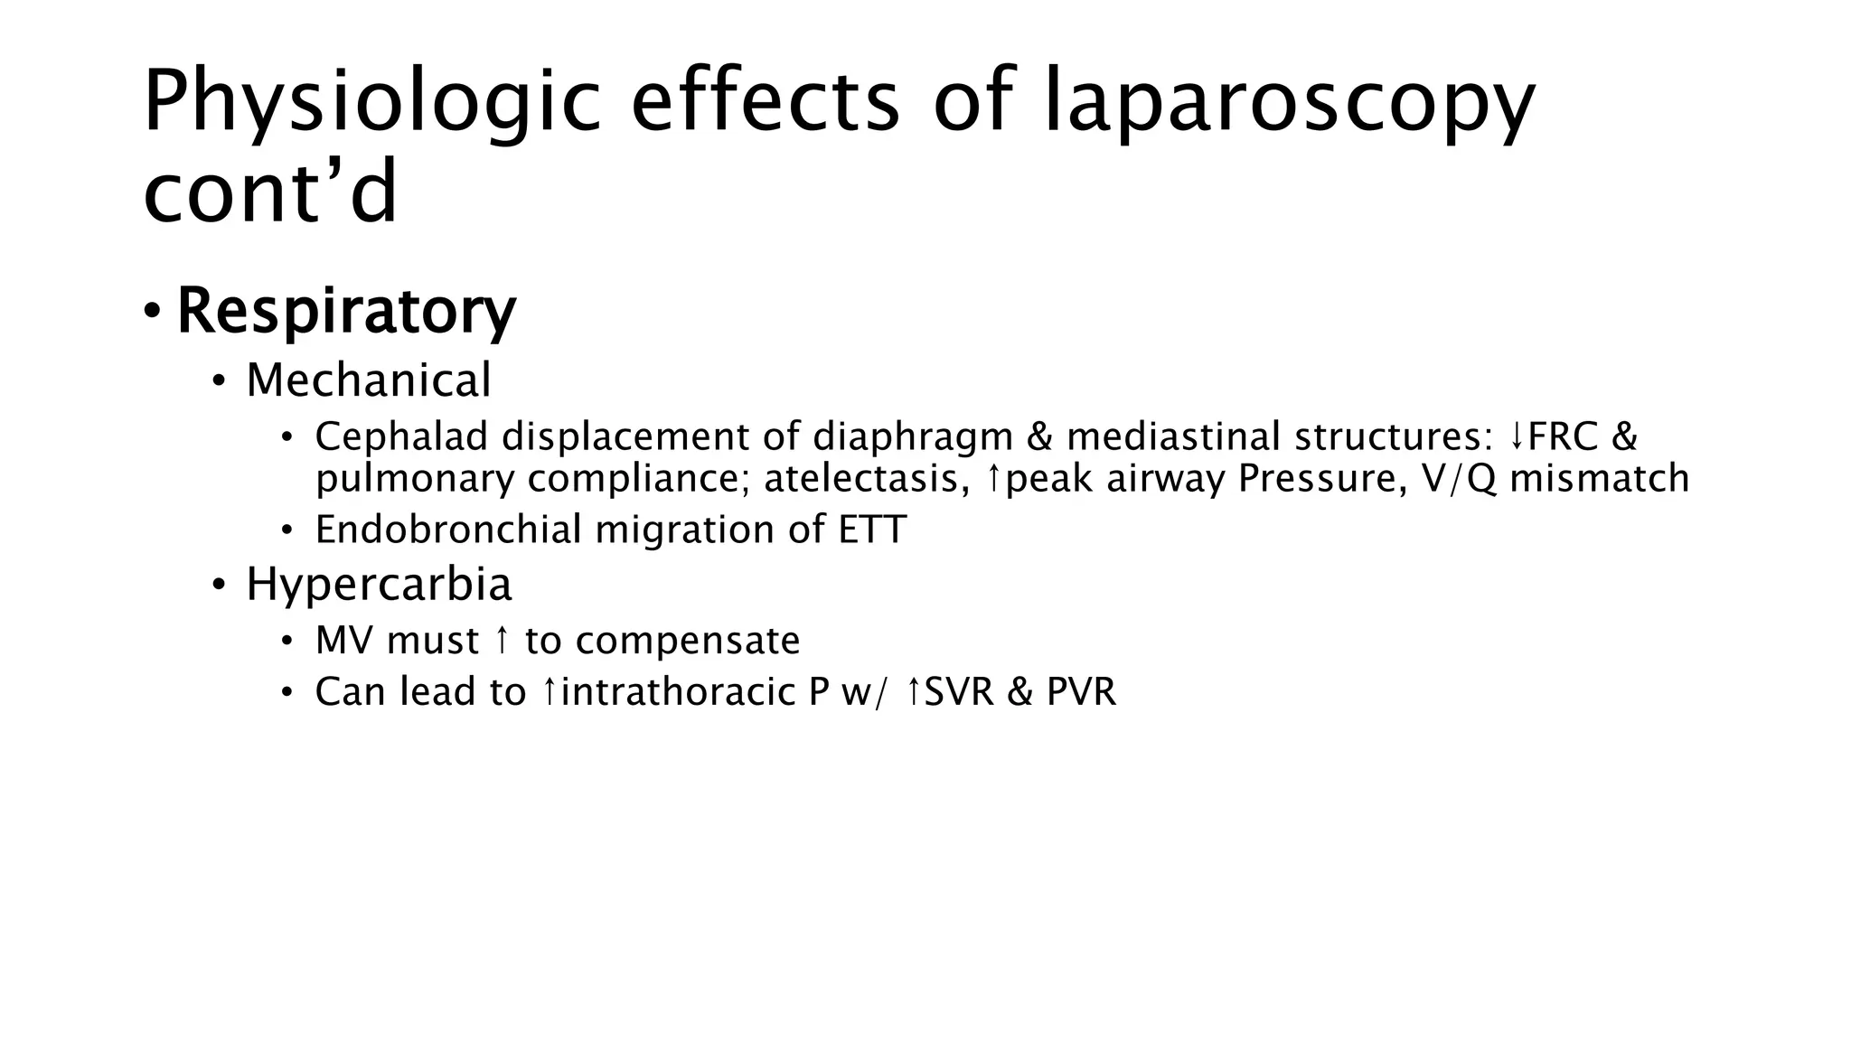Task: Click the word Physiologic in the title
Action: point(371,101)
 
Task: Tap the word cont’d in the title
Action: point(270,192)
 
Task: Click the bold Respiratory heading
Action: point(346,311)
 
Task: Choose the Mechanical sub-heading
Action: point(369,380)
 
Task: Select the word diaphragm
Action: point(913,438)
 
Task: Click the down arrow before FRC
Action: point(1517,438)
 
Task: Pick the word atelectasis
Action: point(860,478)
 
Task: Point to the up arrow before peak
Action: point(994,478)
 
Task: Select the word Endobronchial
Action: point(447,530)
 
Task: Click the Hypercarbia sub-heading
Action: point(379,584)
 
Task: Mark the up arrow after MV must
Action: point(503,641)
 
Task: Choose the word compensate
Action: point(688,642)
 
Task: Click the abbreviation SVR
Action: point(959,692)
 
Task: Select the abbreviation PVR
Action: point(1081,692)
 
